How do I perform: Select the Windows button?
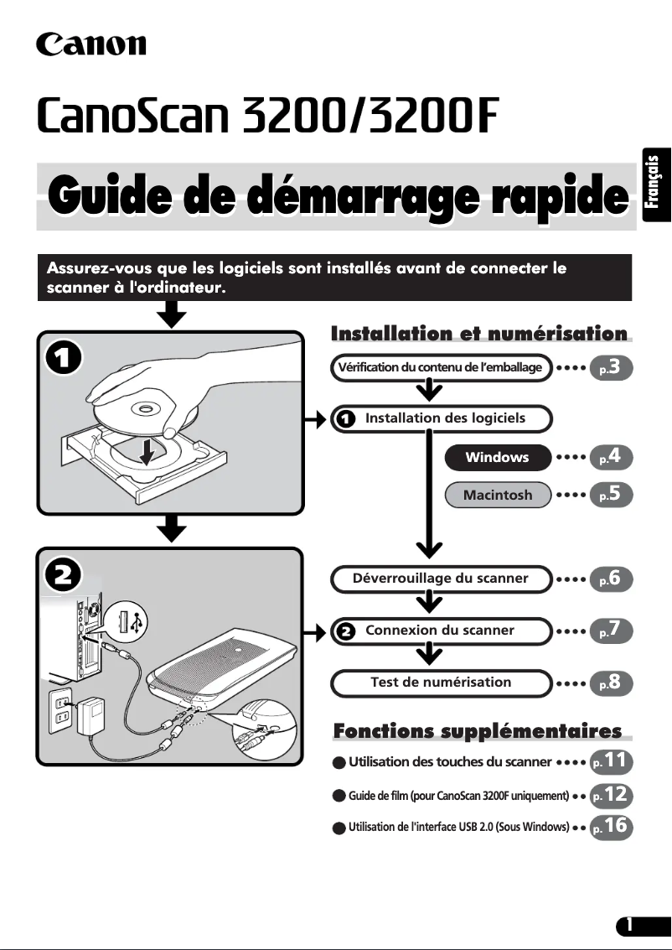coord(497,458)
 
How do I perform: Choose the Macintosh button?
coord(497,495)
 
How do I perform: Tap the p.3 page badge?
coord(611,367)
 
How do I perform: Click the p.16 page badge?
coord(611,826)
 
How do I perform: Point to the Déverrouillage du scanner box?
coord(440,579)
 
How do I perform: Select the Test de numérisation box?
coord(440,683)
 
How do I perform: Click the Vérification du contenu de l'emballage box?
coord(440,367)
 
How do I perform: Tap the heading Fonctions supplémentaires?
coord(478,731)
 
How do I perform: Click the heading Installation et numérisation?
coord(479,334)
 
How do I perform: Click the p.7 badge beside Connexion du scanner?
coord(611,631)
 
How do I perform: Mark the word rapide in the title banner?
coord(560,196)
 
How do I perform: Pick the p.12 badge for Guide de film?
coord(611,794)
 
